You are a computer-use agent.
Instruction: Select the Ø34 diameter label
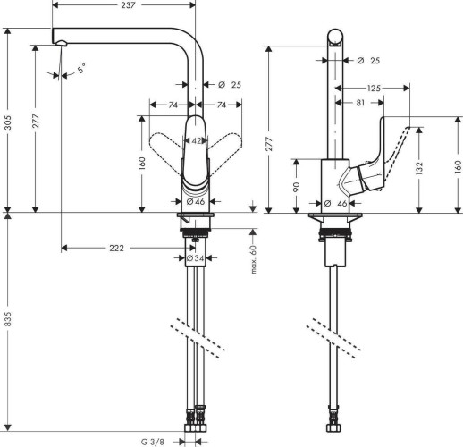192,258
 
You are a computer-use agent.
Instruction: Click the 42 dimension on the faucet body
197,140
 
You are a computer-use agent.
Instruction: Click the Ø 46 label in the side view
340,204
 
